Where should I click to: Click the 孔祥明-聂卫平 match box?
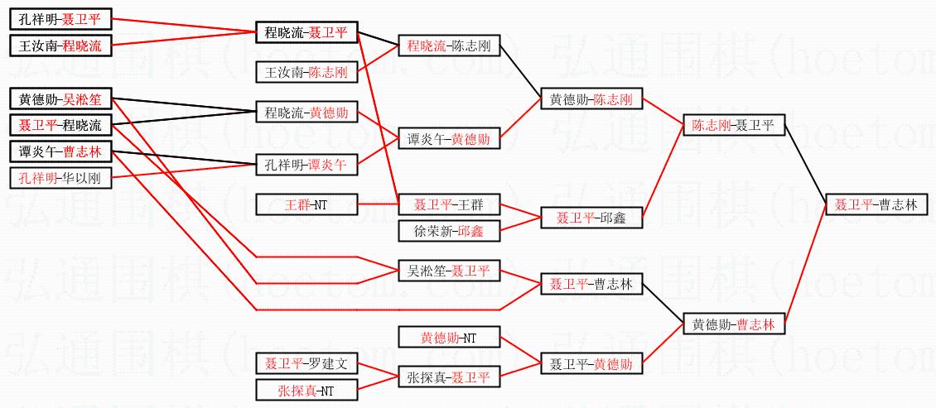click(x=60, y=18)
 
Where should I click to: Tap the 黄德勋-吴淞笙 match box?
click(x=60, y=99)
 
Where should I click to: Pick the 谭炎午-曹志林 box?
click(x=60, y=152)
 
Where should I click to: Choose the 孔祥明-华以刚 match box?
click(x=60, y=178)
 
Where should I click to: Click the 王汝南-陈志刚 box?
click(x=306, y=73)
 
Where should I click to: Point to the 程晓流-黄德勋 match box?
click(x=306, y=112)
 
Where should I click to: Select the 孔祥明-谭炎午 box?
click(x=306, y=165)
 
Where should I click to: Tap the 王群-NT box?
click(x=306, y=203)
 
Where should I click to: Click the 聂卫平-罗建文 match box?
click(x=306, y=362)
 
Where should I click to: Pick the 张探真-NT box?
click(x=306, y=389)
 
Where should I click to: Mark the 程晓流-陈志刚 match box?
click(x=449, y=46)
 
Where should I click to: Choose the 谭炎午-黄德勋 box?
click(x=449, y=139)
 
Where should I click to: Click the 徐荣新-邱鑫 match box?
click(x=449, y=231)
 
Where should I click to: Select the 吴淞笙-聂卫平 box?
click(x=449, y=271)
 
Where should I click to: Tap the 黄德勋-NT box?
click(x=449, y=338)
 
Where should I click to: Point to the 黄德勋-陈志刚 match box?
click(x=591, y=99)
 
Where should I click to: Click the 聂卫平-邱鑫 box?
click(x=591, y=218)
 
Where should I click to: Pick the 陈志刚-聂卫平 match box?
click(x=733, y=126)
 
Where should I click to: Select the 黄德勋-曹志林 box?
click(x=733, y=324)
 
